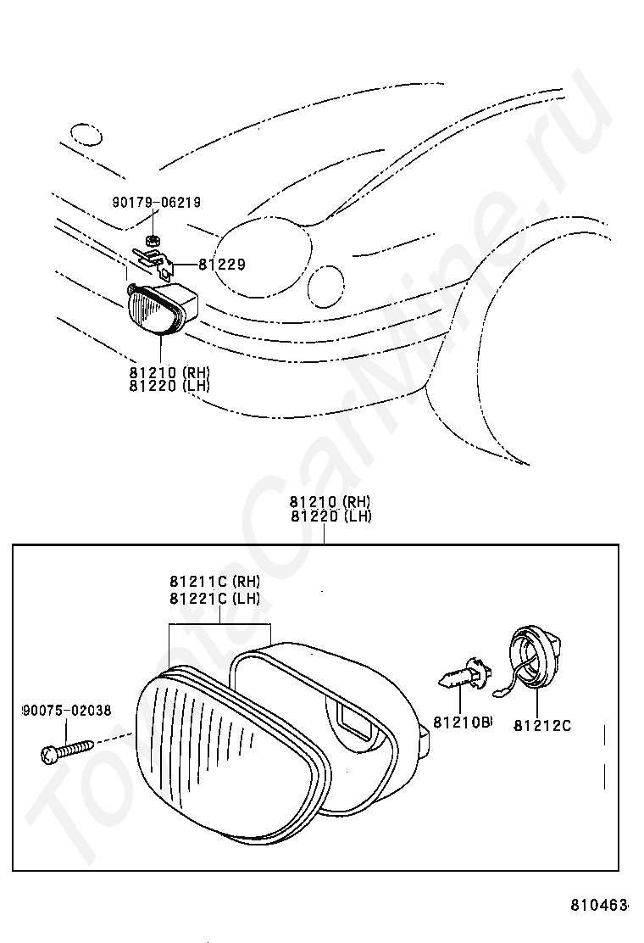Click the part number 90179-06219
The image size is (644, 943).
156,203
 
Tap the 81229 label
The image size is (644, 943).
222,265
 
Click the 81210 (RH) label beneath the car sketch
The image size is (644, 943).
169,372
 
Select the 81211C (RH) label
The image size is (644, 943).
214,582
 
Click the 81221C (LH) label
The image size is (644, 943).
214,598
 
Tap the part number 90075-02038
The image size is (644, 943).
66,711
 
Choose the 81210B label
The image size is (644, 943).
462,723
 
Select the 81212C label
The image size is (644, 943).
542,725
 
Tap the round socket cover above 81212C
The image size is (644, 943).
537,657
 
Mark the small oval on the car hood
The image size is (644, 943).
86,134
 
